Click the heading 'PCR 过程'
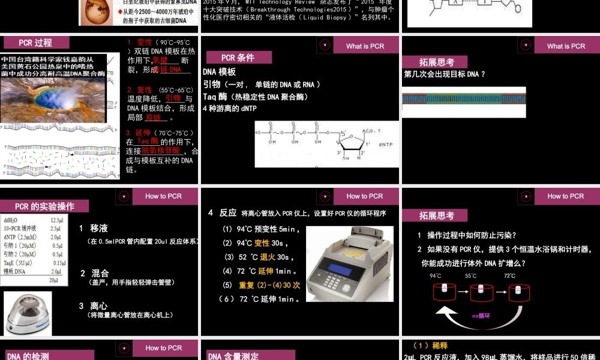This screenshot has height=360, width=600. [x=35, y=43]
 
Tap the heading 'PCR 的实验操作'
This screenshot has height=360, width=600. [x=44, y=206]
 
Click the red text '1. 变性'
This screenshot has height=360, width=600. [x=140, y=43]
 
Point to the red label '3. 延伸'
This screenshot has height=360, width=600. [x=139, y=133]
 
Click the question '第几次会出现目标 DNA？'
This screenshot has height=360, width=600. [x=445, y=74]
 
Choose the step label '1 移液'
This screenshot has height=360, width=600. [x=94, y=228]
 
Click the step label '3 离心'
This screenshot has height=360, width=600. [x=93, y=305]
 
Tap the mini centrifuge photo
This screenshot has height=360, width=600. [x=28, y=313]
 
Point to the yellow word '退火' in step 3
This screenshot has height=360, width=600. [x=268, y=257]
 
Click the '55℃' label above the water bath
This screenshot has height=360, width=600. [x=471, y=276]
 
